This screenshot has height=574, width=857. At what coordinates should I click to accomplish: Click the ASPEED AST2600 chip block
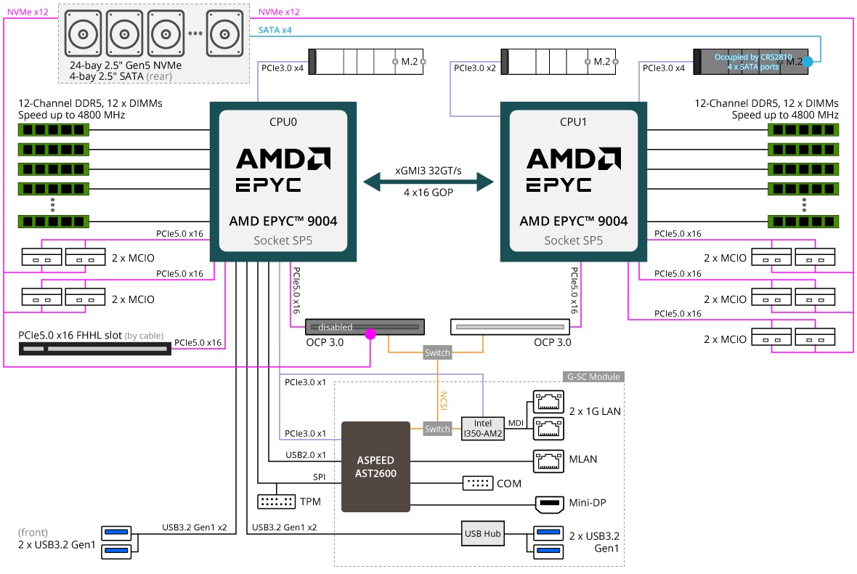pyautogui.click(x=375, y=465)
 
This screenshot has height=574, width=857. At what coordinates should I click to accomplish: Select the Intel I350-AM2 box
pyautogui.click(x=482, y=428)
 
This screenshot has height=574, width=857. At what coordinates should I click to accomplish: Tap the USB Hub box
pyautogui.click(x=482, y=533)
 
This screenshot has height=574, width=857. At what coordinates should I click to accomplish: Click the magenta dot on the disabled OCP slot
pyautogui.click(x=370, y=334)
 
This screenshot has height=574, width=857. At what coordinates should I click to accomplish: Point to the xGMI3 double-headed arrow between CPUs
pyautogui.click(x=428, y=182)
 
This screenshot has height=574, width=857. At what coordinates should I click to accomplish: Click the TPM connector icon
pyautogui.click(x=275, y=501)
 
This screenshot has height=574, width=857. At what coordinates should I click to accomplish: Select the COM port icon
pyautogui.click(x=477, y=483)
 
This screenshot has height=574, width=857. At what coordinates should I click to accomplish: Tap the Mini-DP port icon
pyautogui.click(x=548, y=504)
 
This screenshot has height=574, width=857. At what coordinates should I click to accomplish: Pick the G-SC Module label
pyautogui.click(x=593, y=377)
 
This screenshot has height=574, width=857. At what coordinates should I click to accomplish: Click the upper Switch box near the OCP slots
pyautogui.click(x=437, y=353)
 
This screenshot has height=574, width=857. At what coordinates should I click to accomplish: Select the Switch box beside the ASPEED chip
pyautogui.click(x=437, y=429)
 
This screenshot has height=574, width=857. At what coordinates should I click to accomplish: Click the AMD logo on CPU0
pyautogui.click(x=283, y=158)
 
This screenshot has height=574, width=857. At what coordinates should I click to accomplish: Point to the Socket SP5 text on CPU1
pyautogui.click(x=573, y=240)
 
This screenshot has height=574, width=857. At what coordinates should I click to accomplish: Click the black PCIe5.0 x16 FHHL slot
pyautogui.click(x=94, y=349)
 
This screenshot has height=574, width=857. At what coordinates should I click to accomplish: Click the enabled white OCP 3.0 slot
pyautogui.click(x=511, y=327)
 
